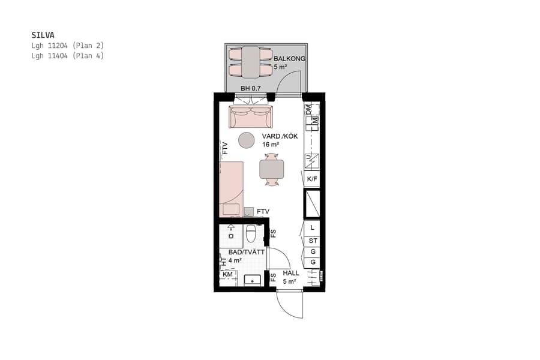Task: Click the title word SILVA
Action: click(x=43, y=35)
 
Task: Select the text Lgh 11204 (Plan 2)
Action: click(x=68, y=46)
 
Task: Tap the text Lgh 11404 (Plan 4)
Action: click(x=68, y=56)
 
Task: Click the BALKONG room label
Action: click(x=289, y=59)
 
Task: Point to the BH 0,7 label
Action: click(x=251, y=89)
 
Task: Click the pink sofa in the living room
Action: click(x=251, y=117)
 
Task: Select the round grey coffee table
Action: click(x=247, y=140)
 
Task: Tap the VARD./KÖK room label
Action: click(x=280, y=136)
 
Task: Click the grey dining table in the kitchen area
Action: click(x=272, y=169)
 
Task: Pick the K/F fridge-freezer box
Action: click(x=312, y=179)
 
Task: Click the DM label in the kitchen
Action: click(x=309, y=110)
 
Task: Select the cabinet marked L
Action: click(x=312, y=228)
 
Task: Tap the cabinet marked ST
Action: click(x=312, y=241)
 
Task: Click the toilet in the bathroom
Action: click(x=251, y=233)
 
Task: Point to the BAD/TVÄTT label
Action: click(x=246, y=253)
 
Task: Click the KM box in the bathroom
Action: click(x=227, y=275)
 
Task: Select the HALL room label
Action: click(x=291, y=273)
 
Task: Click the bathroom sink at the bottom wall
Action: click(x=253, y=279)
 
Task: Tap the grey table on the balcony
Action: click(x=251, y=62)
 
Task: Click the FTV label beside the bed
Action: click(x=263, y=212)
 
